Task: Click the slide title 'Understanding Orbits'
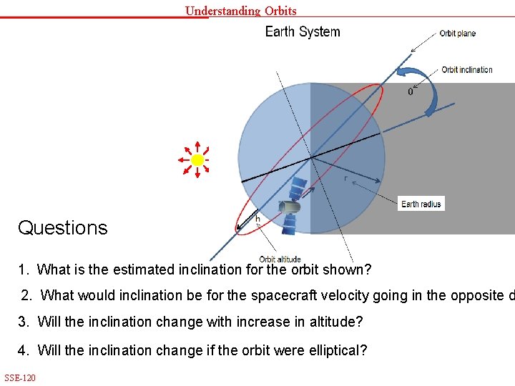(240, 11)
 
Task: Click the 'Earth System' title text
(303, 31)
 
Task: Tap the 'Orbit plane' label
(457, 34)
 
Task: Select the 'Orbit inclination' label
(466, 70)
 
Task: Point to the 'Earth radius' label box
(421, 204)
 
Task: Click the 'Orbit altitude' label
(280, 259)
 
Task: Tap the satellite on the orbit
(292, 207)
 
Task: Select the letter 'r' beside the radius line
(346, 179)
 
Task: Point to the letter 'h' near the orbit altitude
(257, 219)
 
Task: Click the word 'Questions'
(62, 228)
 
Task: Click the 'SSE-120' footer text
(19, 377)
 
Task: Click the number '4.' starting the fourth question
(25, 351)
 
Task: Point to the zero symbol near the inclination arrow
(411, 91)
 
